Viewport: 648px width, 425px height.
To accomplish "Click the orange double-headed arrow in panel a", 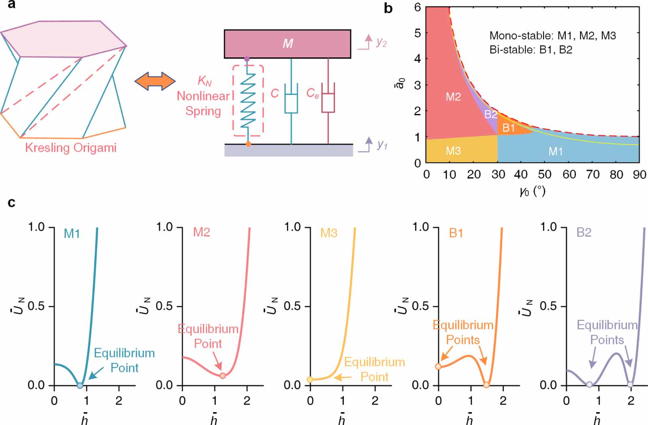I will pyautogui.click(x=155, y=81).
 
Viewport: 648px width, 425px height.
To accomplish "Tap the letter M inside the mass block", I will pyautogui.click(x=288, y=44).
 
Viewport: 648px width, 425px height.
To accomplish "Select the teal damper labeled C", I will pyautogui.click(x=291, y=103).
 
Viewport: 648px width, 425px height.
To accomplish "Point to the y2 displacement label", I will pyautogui.click(x=381, y=42).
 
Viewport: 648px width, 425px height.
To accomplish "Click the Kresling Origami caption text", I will pyautogui.click(x=71, y=148).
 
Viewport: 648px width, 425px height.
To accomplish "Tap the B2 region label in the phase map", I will pyautogui.click(x=490, y=115).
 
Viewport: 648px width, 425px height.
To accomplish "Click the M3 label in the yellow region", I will pyautogui.click(x=453, y=151).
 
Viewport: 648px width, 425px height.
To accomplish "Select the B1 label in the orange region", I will pyautogui.click(x=509, y=128).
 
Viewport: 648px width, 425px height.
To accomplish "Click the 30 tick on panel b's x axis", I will pyautogui.click(x=498, y=175).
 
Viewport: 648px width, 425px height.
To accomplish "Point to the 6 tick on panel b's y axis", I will pyautogui.click(x=418, y=7).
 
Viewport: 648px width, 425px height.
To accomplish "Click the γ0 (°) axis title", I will pyautogui.click(x=532, y=191).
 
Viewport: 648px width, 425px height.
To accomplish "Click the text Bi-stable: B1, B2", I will pyautogui.click(x=531, y=50).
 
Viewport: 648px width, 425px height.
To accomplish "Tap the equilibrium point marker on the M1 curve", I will pyautogui.click(x=80, y=385).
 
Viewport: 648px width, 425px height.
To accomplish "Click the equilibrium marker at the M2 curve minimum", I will pyautogui.click(x=223, y=376).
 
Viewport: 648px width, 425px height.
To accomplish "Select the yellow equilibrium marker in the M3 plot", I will pyautogui.click(x=310, y=380).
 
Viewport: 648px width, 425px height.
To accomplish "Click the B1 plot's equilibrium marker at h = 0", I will pyautogui.click(x=438, y=367).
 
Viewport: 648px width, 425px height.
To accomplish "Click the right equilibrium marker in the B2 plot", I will pyautogui.click(x=630, y=384).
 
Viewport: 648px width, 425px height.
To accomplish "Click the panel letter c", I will pyautogui.click(x=11, y=202).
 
